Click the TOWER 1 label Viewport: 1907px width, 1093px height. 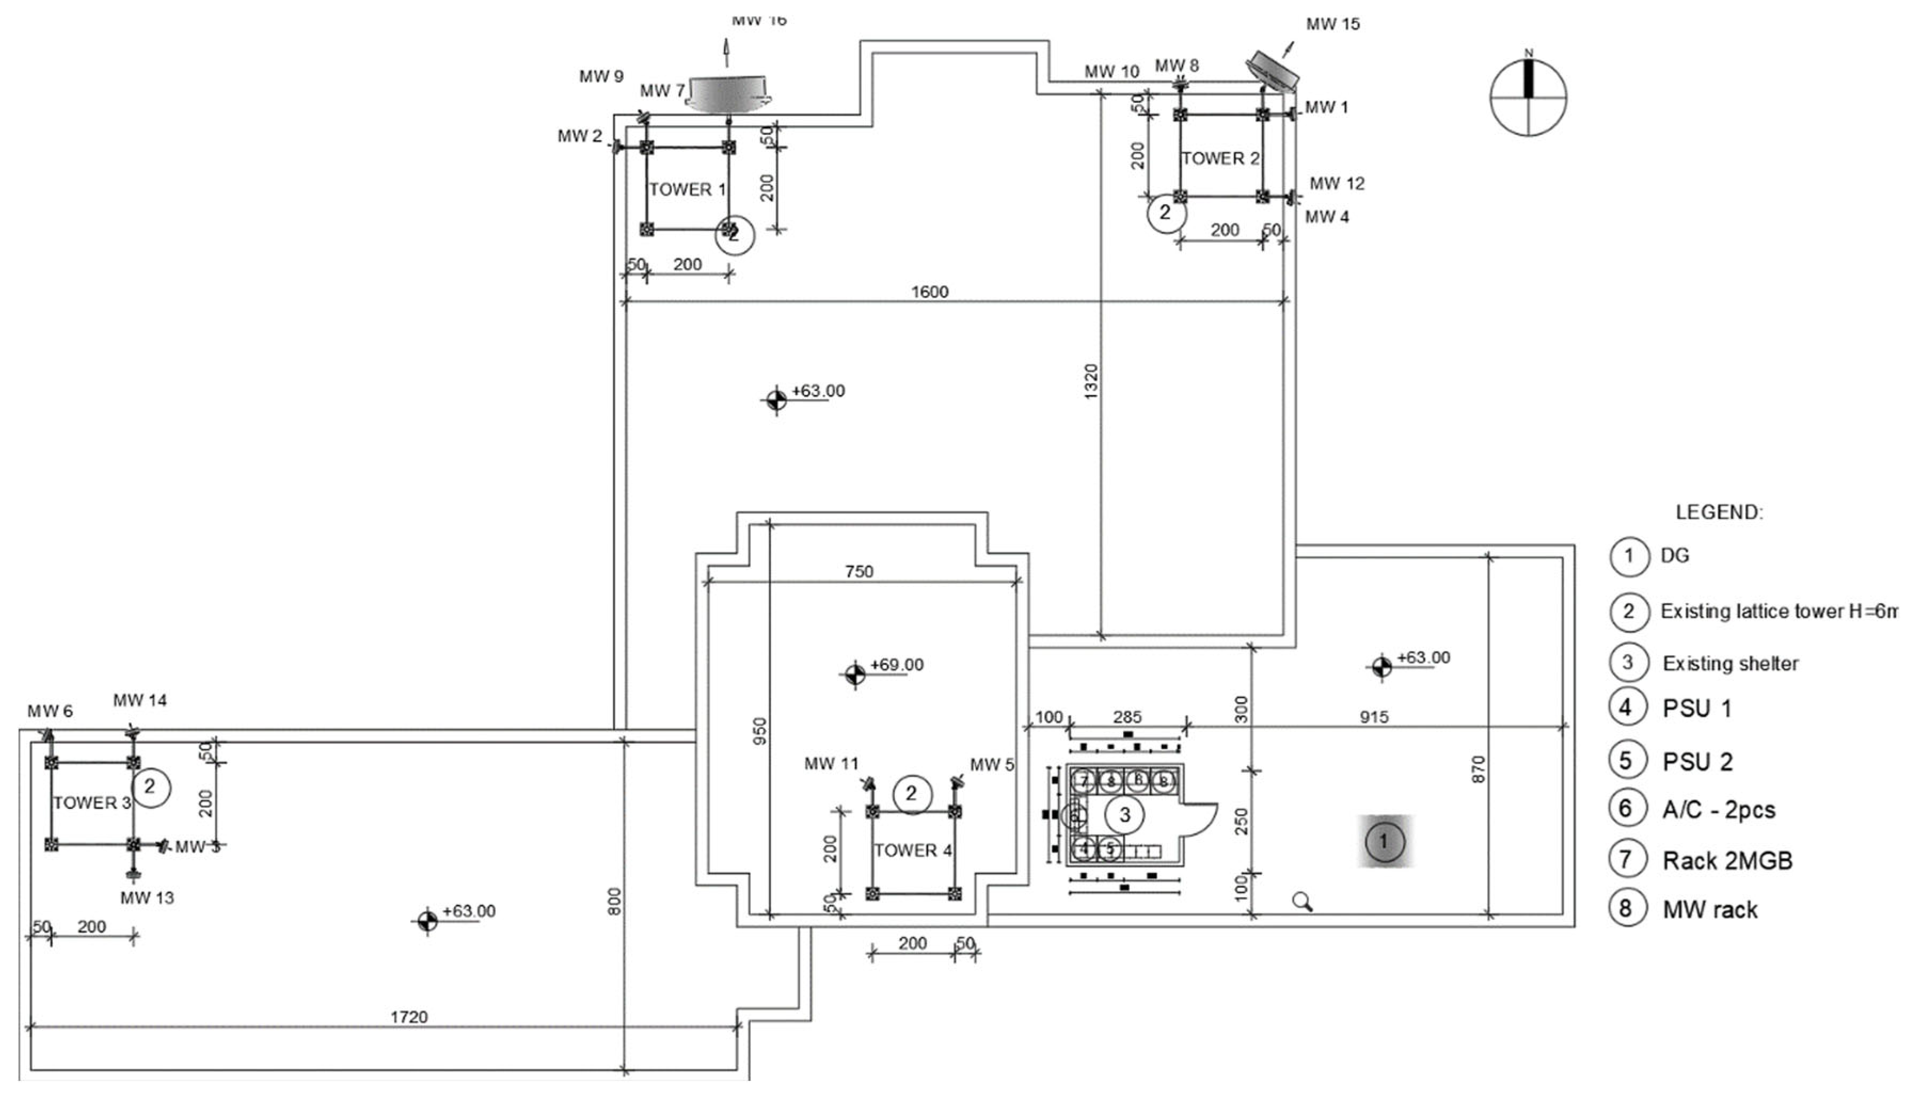pos(687,189)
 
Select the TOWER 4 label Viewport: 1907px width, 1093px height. pos(912,850)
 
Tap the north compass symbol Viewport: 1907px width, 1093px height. pos(1528,98)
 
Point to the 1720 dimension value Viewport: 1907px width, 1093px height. pos(409,1017)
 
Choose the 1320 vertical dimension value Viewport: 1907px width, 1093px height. pos(1091,381)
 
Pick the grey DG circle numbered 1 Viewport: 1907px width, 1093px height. pos(1384,841)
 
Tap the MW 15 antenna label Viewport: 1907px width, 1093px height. pos(1332,24)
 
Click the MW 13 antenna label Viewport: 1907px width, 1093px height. pos(147,898)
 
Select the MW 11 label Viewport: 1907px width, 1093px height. pos(831,764)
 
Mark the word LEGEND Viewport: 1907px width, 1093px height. pos(1719,513)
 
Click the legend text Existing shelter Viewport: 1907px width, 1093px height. pos(1730,664)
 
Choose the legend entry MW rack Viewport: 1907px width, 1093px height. pos(1710,910)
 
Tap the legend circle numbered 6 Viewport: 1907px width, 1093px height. pos(1627,808)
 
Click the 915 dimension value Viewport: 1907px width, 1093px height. pos(1374,717)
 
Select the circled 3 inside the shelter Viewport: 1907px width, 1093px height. pos(1124,815)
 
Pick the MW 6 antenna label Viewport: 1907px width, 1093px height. pos(50,711)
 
